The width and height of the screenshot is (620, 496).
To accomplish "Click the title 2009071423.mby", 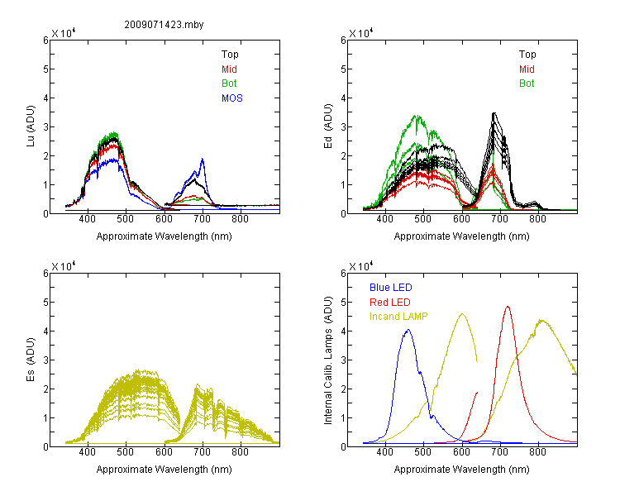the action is click(x=164, y=25).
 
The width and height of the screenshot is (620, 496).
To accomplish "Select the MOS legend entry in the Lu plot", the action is click(x=232, y=98).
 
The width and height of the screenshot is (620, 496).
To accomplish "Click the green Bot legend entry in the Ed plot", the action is click(x=527, y=83).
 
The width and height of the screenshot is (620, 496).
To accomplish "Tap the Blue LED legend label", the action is click(x=391, y=288).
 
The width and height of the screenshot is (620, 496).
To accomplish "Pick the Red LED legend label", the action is click(x=390, y=303).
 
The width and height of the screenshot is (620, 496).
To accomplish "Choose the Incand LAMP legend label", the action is click(x=398, y=317).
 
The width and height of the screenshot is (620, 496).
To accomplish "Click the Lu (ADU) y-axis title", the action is click(x=31, y=126).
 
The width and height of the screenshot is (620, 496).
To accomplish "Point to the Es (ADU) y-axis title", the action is click(x=31, y=359).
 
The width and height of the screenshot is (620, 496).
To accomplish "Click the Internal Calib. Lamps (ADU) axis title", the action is click(x=328, y=360).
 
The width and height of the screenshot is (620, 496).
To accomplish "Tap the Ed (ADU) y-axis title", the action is click(x=328, y=126).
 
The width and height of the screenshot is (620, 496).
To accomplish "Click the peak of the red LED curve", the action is click(x=508, y=306).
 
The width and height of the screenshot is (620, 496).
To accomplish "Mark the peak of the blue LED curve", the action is click(x=408, y=330).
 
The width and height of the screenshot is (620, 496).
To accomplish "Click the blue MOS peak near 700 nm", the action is click(x=203, y=159).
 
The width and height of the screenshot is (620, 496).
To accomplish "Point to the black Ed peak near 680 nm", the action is click(x=494, y=113).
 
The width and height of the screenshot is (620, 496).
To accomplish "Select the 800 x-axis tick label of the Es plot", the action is click(x=240, y=452).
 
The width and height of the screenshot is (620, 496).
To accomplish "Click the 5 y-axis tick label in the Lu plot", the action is click(x=45, y=69).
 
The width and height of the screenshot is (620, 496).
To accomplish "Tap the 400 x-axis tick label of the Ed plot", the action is click(x=384, y=219).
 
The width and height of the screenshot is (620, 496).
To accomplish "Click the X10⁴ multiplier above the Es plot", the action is click(x=64, y=266).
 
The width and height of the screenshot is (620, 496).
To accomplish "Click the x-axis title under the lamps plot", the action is click(x=461, y=470).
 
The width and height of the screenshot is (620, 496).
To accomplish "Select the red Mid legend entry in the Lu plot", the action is click(x=229, y=69).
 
